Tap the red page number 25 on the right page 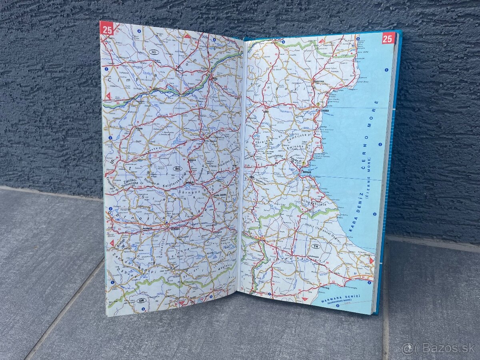pyautogui.click(x=388, y=38)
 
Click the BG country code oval pyautogui.click(x=177, y=169)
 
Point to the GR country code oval pyautogui.click(x=141, y=300)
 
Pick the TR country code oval pyautogui.click(x=316, y=246)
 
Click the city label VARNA pyautogui.click(x=319, y=112)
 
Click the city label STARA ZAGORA pyautogui.click(x=219, y=195)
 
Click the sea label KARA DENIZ pyautogui.click(x=354, y=218)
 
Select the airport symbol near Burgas pyautogui.click(x=304, y=164)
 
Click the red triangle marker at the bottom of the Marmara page pyautogui.click(x=305, y=299)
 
